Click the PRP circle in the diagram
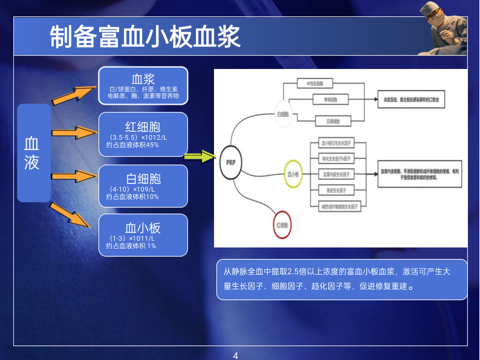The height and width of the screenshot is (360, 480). coord(230,163)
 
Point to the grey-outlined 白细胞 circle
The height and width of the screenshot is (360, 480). coord(284,114)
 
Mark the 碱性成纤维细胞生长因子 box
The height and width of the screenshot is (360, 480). coord(338,206)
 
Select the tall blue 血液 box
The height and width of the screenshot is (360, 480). coord(33,152)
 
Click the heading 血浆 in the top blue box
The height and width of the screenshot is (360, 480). coord(143,79)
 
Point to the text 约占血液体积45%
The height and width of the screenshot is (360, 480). coord(132,145)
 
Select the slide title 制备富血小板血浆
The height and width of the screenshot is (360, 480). coord(145,38)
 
